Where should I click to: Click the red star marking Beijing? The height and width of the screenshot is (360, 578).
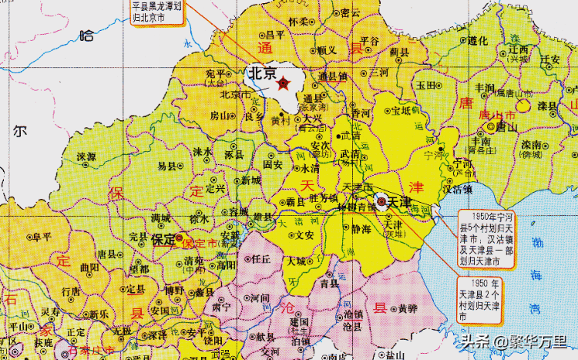point(284,82)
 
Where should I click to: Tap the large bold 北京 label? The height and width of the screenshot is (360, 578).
point(261,74)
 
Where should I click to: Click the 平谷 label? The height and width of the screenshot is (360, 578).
point(370,41)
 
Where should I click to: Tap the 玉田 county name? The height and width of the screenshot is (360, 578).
point(426,86)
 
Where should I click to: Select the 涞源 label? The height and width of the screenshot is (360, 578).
point(86,157)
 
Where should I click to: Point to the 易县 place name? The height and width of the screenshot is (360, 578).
point(167,166)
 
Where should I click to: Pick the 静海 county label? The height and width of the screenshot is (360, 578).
point(361,229)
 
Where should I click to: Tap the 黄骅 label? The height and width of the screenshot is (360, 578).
point(408,308)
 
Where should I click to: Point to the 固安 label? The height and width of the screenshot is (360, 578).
point(273,164)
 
